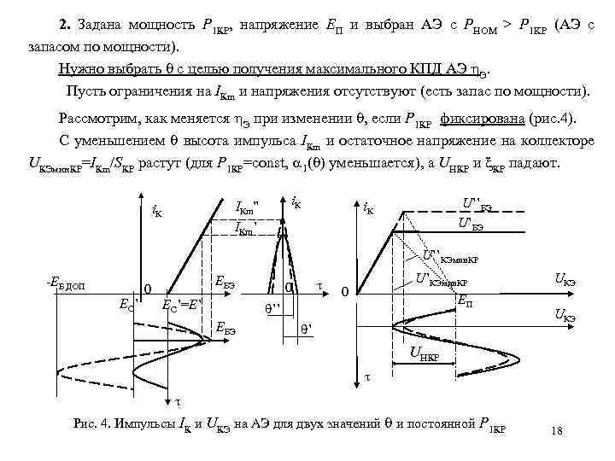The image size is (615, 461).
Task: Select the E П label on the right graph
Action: (x=466, y=301)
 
